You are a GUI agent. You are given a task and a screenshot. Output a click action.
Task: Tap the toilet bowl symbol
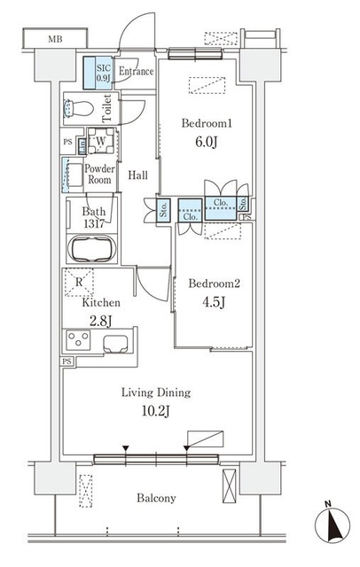tap(78, 108)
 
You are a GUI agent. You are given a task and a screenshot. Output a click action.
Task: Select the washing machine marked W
tap(101, 141)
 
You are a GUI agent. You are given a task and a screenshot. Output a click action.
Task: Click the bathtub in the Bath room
tap(92, 248)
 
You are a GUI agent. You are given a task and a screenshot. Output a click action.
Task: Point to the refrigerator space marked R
tap(79, 282)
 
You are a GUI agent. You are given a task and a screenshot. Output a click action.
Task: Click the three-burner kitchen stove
tap(78, 340)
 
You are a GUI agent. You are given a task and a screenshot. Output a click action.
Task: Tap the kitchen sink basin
tap(115, 344)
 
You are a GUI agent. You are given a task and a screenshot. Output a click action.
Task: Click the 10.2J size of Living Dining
tap(156, 411)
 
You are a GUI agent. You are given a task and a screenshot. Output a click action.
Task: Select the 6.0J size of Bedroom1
tap(207, 142)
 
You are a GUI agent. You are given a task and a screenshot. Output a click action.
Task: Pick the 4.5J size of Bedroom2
tap(214, 302)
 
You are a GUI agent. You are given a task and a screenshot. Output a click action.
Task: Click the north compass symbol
tap(333, 524)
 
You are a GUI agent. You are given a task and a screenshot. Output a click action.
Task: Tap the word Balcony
tap(156, 498)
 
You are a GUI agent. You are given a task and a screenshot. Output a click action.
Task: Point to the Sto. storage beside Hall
tap(163, 210)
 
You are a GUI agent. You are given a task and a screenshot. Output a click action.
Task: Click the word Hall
tap(137, 175)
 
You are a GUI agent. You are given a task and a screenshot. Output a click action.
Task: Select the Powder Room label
tap(99, 174)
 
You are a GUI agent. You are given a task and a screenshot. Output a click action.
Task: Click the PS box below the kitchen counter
tap(67, 361)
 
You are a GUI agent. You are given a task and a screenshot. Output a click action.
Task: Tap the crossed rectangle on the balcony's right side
tap(229, 485)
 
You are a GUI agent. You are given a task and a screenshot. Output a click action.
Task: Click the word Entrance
tap(136, 71)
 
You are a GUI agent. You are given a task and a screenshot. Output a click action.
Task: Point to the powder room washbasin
tap(74, 175)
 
